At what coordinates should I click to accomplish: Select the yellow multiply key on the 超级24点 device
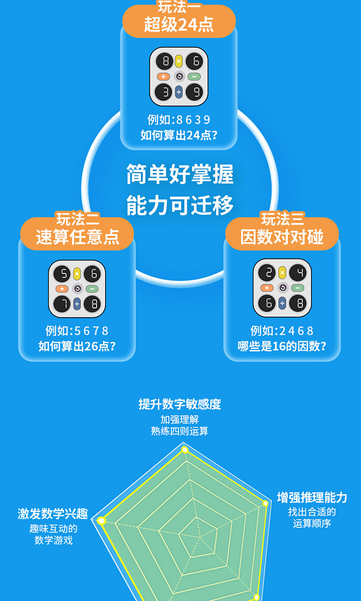coord(179,61)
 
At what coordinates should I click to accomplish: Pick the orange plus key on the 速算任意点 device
coord(62,289)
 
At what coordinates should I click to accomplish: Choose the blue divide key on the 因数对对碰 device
coord(282,303)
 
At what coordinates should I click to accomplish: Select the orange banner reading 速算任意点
coord(77,234)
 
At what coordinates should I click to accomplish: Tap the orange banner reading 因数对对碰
coord(282,234)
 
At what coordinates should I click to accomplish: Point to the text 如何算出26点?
coord(77,346)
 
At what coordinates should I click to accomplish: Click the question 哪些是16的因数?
coord(282,346)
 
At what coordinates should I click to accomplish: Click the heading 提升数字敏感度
coord(180,404)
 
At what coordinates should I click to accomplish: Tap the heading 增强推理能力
coord(312,498)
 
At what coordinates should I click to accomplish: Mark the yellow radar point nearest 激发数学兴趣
coord(102,520)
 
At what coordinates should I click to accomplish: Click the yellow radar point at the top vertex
coord(185,450)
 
